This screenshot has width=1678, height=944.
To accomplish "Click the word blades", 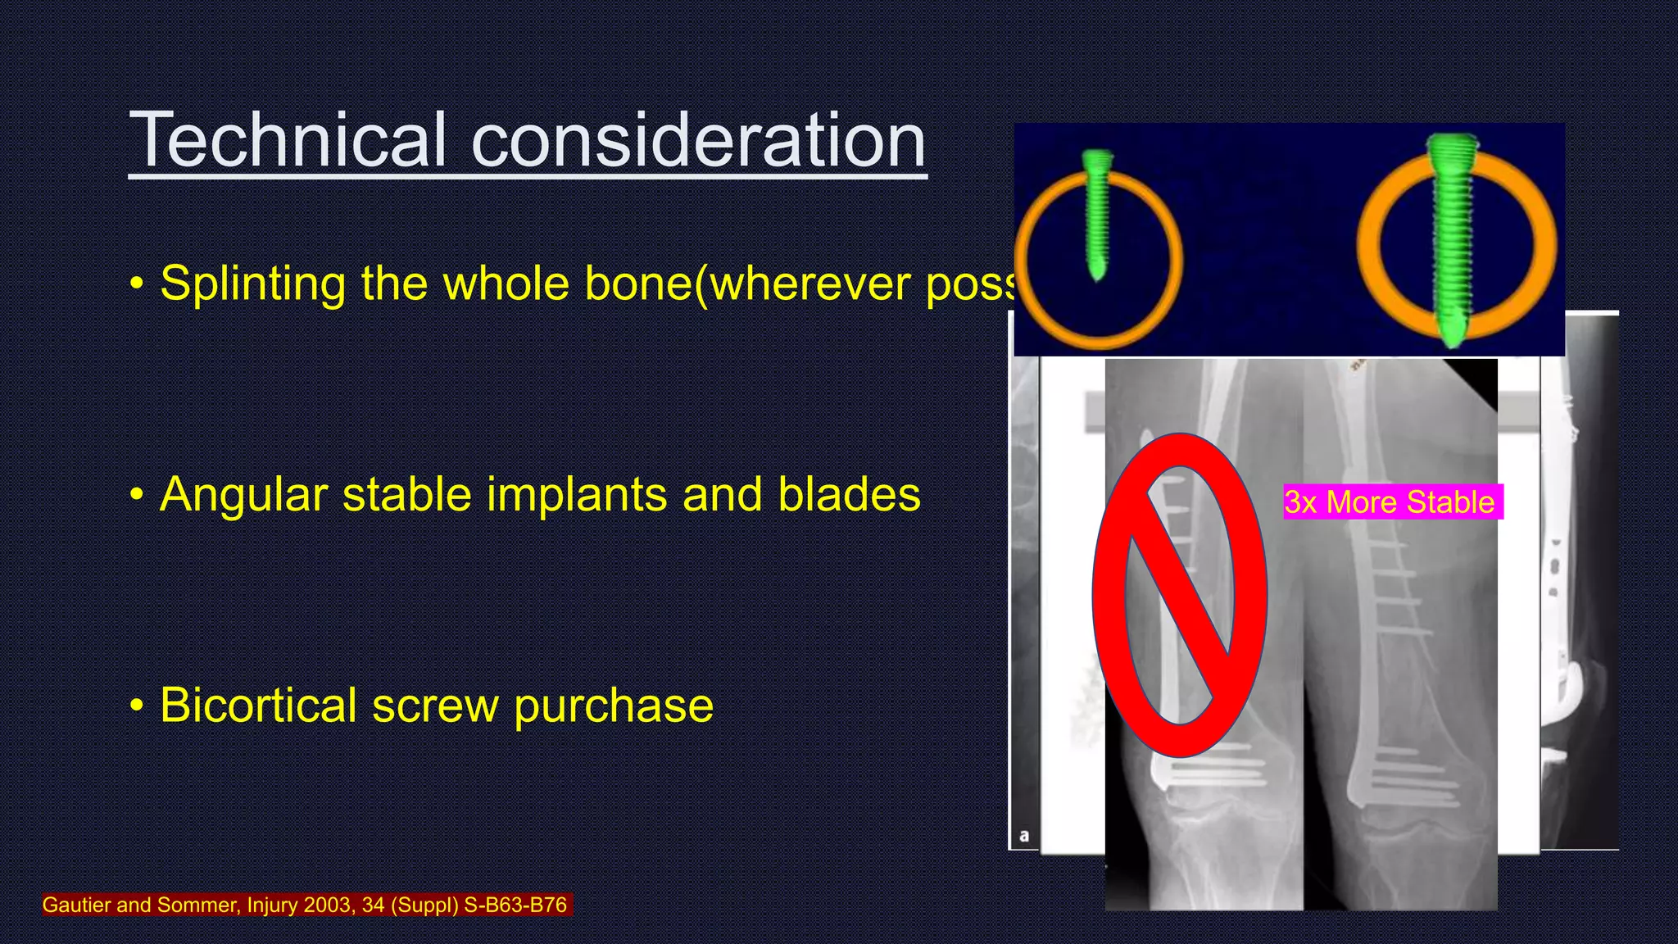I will point(849,495).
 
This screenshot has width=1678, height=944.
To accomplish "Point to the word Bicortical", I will point(258,706).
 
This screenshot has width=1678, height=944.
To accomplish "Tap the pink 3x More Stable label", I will point(1392,502).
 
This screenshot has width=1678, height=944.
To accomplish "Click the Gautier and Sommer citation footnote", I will point(305,905).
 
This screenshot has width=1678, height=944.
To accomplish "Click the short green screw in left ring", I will point(1095,215).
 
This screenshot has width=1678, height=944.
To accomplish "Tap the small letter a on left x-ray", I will point(1023,837).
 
